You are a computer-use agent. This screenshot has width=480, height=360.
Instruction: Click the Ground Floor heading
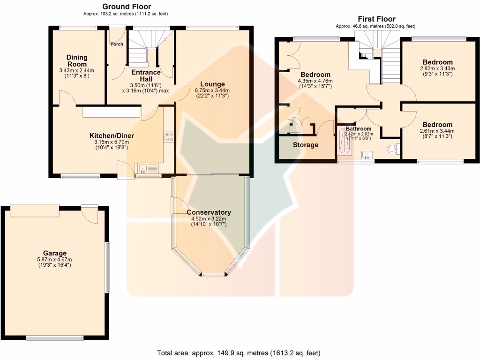click(x=127, y=7)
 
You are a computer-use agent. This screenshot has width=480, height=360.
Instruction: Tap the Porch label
click(x=117, y=45)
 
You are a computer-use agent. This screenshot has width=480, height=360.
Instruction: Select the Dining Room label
click(x=77, y=61)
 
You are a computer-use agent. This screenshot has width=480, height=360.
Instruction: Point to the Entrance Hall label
click(x=146, y=76)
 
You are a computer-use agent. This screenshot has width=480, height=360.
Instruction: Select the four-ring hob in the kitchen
click(x=168, y=137)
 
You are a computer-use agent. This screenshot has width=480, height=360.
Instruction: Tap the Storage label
click(x=306, y=145)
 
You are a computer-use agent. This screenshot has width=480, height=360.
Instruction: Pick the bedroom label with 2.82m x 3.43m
click(x=438, y=62)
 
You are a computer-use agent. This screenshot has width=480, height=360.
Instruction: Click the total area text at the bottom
click(x=239, y=352)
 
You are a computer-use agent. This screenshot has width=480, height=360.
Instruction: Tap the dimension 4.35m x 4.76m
click(x=315, y=81)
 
